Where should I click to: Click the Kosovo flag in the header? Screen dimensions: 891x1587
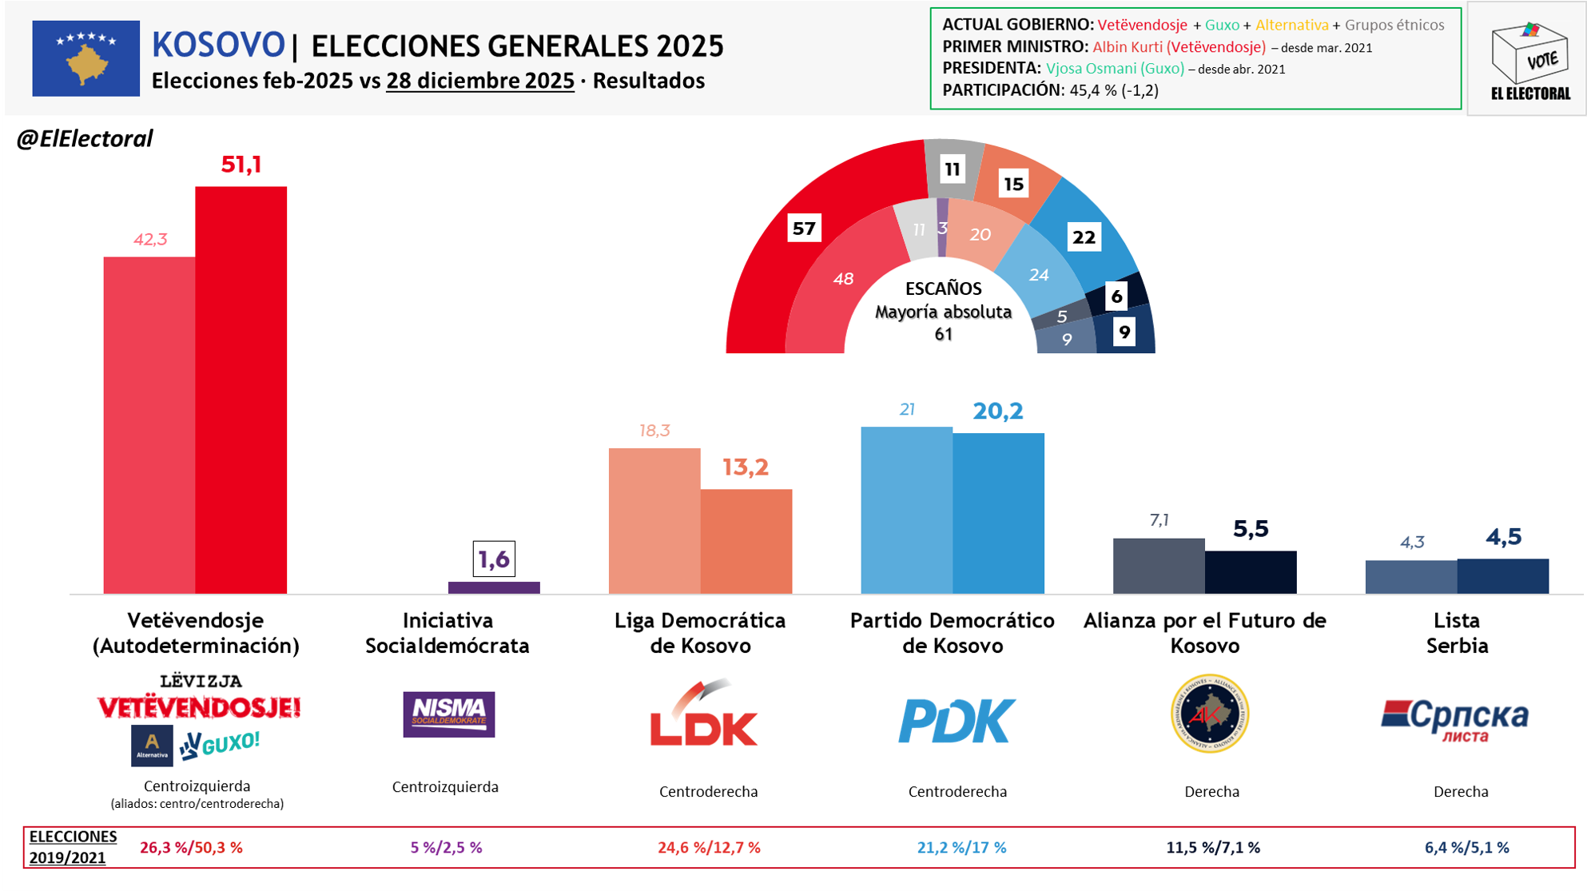tap(86, 58)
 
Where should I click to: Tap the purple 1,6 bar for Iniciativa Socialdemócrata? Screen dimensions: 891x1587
tap(494, 587)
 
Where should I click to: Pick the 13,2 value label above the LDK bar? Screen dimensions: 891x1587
tap(745, 467)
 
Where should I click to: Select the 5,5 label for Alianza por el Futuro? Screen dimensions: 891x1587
tap(1251, 529)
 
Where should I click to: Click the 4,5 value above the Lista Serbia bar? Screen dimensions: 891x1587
tap(1503, 537)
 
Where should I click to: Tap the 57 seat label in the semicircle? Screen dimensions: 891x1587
tap(804, 229)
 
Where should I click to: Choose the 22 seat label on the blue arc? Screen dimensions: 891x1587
tap(1084, 237)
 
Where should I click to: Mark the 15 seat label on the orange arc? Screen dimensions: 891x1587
tap(1013, 185)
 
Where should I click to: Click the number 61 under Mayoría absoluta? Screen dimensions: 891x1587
tap(944, 335)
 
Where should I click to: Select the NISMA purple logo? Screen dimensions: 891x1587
tap(448, 714)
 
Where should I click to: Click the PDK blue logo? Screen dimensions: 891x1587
tap(957, 720)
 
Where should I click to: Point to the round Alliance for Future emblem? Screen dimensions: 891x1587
tap(1210, 714)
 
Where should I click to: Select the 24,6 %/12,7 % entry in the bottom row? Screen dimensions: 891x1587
tap(709, 848)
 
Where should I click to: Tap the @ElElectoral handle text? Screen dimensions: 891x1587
tap(85, 139)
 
